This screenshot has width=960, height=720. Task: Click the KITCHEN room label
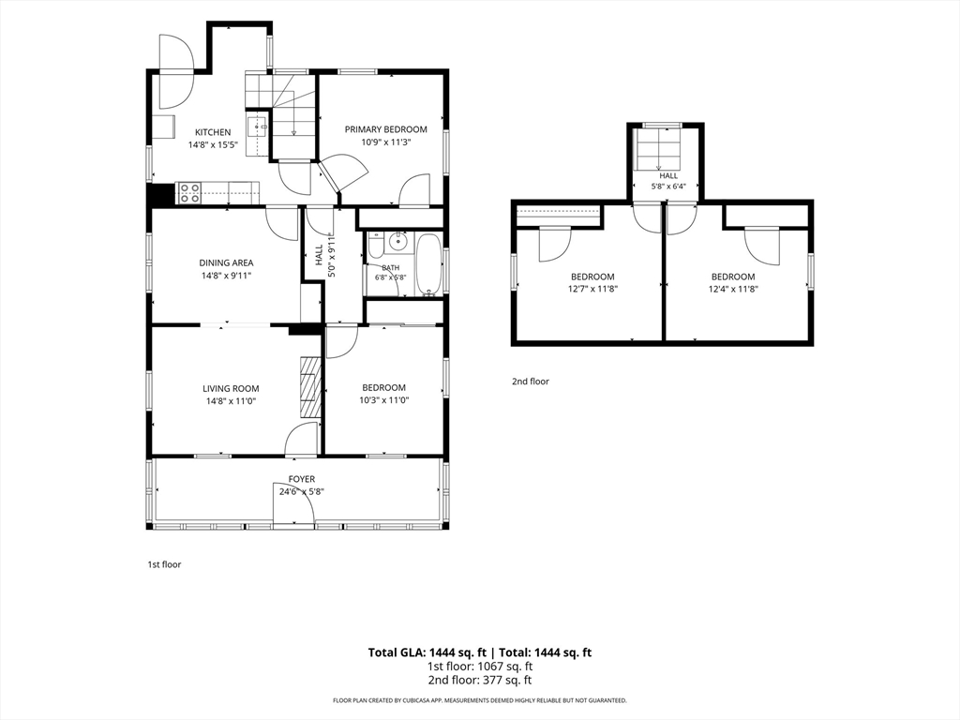click(213, 132)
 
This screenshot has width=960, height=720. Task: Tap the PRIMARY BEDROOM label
click(385, 129)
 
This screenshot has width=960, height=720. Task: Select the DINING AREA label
click(227, 262)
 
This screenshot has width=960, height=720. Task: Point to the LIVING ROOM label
click(231, 388)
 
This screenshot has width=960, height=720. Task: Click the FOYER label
click(302, 479)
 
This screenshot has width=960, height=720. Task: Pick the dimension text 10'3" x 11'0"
click(383, 400)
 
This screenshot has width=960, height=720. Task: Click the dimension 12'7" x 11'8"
click(592, 289)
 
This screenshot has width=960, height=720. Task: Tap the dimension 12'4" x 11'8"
click(733, 289)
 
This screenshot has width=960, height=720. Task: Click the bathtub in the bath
click(428, 264)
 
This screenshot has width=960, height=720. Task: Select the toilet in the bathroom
click(375, 246)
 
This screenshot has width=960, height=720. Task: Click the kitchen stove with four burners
click(189, 193)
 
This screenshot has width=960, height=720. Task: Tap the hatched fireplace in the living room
click(310, 387)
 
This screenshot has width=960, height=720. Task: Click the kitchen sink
click(258, 127)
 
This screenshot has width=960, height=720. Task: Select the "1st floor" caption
click(164, 564)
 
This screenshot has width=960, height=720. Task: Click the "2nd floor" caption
click(531, 382)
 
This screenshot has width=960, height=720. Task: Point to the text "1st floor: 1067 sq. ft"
click(480, 667)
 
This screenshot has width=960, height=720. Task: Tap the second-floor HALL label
click(668, 175)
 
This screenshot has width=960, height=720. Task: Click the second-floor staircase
click(659, 149)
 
